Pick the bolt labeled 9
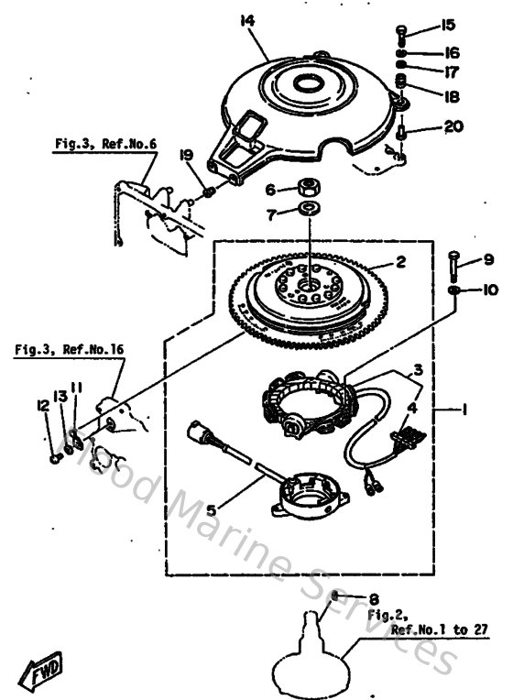click(454, 266)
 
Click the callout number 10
click(490, 290)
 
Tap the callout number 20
click(453, 127)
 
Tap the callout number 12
click(40, 405)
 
